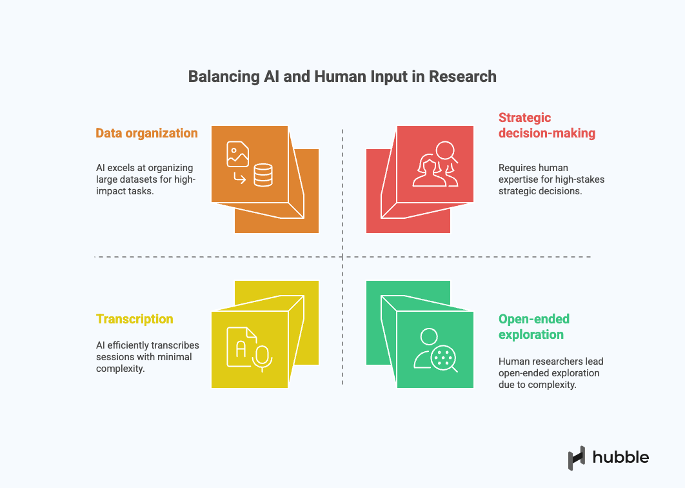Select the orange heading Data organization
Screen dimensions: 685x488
click(x=146, y=134)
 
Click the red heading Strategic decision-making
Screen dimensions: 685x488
click(x=546, y=126)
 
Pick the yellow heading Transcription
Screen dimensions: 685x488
click(x=134, y=319)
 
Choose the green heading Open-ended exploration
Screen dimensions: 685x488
click(x=533, y=327)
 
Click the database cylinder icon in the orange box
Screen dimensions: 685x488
click(x=263, y=174)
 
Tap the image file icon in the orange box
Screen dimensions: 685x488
click(x=237, y=154)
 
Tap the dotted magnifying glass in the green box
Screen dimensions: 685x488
click(x=444, y=358)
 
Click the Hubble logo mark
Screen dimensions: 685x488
click(x=577, y=458)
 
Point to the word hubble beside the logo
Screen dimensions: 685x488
click(x=620, y=458)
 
